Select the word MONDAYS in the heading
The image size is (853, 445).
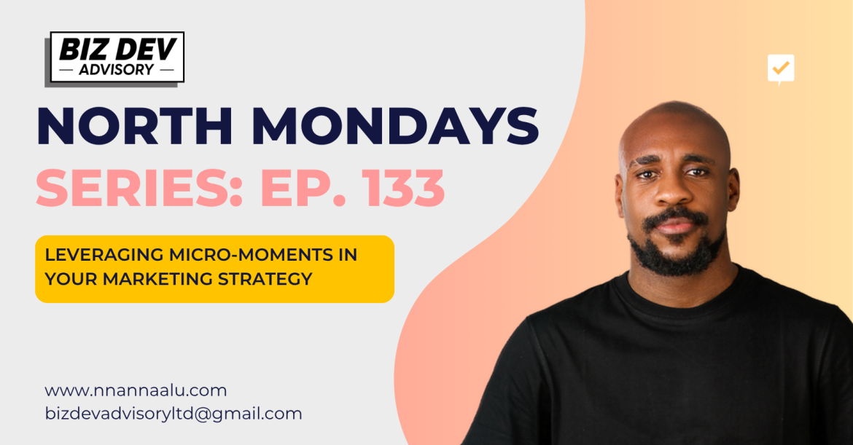[397, 126]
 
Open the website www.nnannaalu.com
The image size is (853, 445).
[136, 390]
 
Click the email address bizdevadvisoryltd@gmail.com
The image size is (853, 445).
[174, 414]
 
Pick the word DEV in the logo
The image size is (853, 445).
[148, 50]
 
